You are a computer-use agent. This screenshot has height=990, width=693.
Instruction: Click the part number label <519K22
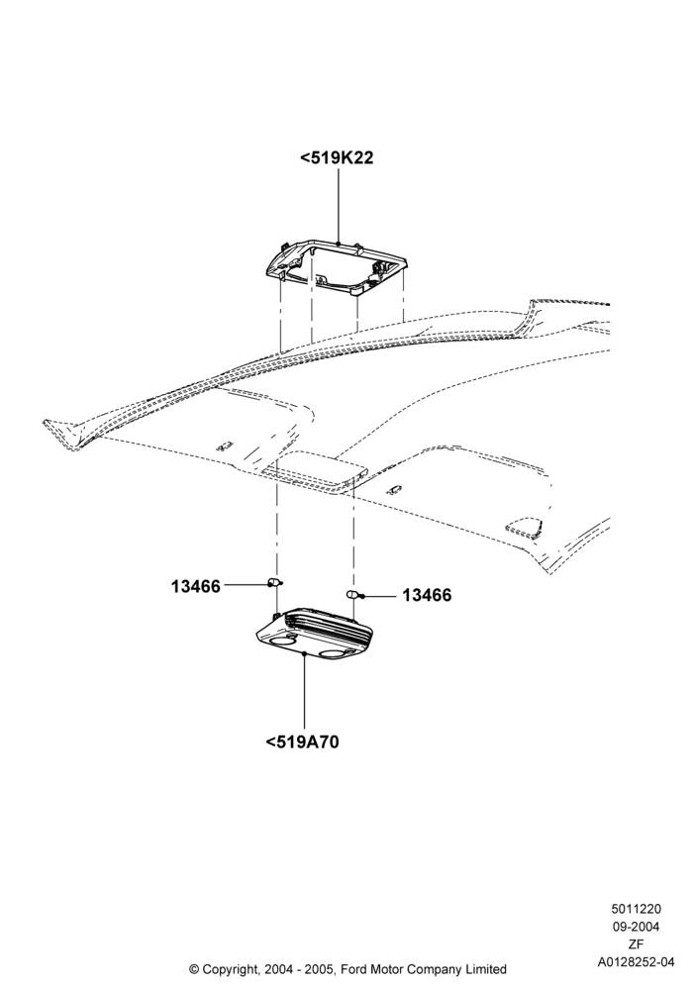point(337,157)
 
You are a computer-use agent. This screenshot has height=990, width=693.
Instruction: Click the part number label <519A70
point(302,742)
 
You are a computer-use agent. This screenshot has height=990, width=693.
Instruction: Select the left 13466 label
point(196,586)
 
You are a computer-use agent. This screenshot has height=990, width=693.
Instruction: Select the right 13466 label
point(427,595)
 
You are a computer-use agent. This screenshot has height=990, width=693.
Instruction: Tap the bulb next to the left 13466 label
point(275,581)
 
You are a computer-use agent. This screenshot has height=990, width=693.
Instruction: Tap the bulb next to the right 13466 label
point(353,594)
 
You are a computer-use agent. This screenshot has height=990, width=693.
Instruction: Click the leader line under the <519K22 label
point(339,206)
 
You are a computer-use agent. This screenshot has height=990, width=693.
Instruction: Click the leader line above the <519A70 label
point(304,693)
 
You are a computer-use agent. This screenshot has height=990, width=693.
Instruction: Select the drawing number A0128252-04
point(636,962)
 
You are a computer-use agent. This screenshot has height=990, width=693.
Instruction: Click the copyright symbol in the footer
point(194,968)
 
